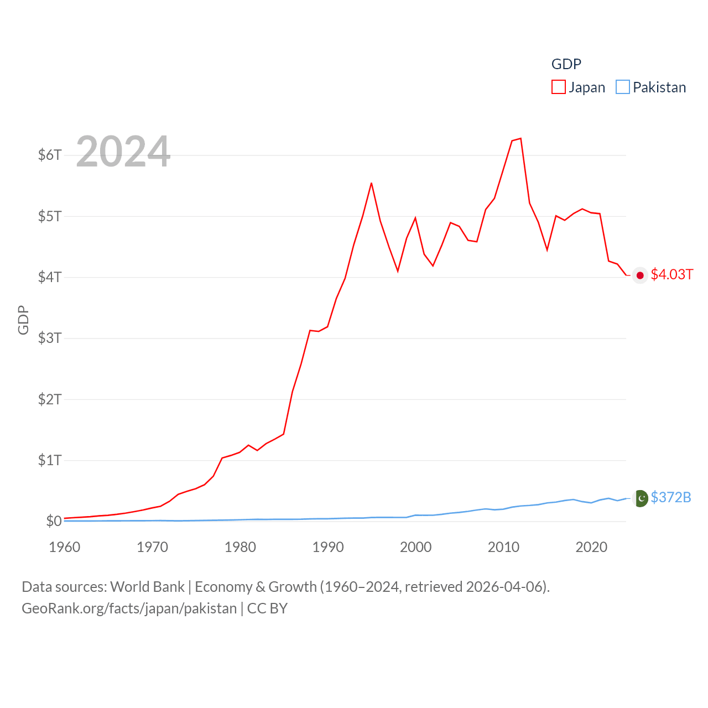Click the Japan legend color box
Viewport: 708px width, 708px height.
[559, 87]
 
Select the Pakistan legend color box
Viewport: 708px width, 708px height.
[623, 87]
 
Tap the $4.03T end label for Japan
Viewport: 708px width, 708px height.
[671, 275]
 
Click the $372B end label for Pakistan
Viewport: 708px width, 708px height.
[670, 497]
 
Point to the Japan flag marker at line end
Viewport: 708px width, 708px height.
[640, 275]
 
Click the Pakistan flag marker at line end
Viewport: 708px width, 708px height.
[641, 498]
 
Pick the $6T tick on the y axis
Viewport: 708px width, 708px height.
[50, 155]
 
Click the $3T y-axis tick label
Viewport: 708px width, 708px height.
[50, 338]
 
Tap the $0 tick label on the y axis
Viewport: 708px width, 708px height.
[54, 521]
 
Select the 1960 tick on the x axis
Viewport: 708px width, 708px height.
[65, 547]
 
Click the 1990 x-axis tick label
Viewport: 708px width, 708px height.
[328, 547]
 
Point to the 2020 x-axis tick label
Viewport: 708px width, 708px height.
[591, 547]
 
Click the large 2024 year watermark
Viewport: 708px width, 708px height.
[123, 152]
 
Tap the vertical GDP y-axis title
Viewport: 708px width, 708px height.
[23, 320]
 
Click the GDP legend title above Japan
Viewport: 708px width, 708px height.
[566, 64]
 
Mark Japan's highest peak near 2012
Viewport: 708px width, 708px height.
[520, 138]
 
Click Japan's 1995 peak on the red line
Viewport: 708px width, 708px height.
[371, 183]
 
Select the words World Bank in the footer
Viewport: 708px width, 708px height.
[147, 587]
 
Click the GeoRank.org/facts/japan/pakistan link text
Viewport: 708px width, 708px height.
[129, 608]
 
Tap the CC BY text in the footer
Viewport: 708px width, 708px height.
[267, 608]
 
